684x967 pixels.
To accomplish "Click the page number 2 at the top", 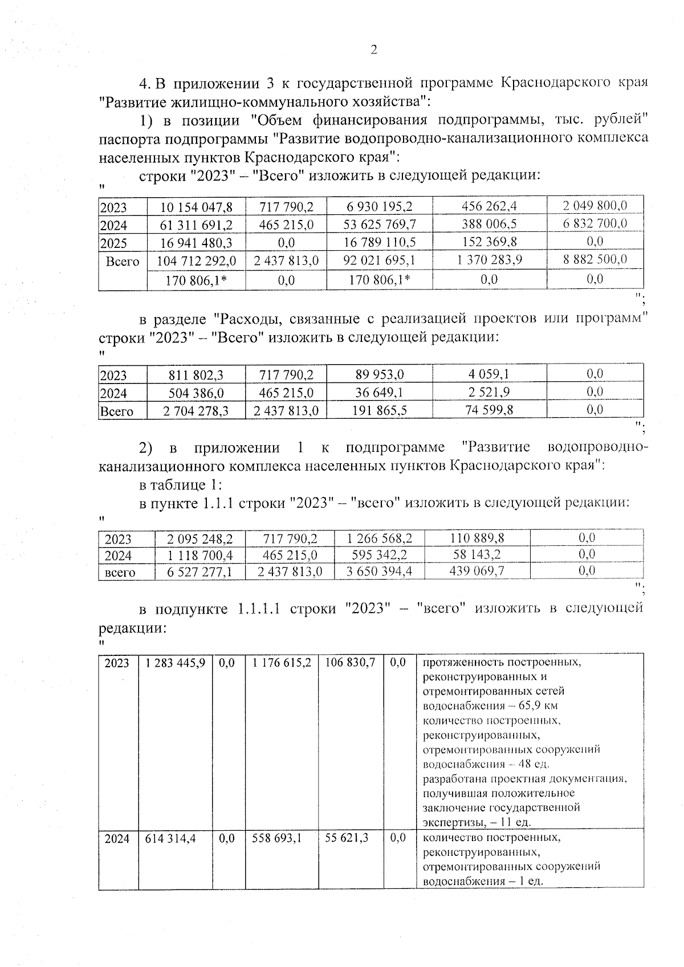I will click(374, 50).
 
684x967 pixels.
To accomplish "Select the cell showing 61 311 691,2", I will click(196, 225).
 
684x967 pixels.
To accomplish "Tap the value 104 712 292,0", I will click(196, 261).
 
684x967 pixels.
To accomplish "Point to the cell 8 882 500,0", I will click(595, 259).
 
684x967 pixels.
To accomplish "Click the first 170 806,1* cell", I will click(196, 280).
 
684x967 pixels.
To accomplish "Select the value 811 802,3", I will click(196, 375).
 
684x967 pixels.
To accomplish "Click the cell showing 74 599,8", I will click(489, 410).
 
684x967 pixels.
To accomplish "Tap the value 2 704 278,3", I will click(196, 411).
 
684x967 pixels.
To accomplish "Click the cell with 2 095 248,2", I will click(199, 538).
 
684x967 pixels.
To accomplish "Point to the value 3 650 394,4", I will click(379, 572).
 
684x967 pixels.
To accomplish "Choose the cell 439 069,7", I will click(477, 572).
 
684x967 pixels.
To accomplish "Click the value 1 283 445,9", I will click(176, 663).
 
